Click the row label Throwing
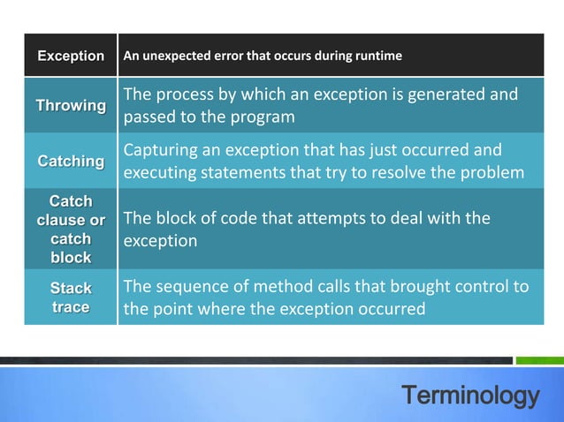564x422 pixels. click(x=71, y=106)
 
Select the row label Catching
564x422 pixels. click(x=71, y=162)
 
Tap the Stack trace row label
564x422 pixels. click(x=71, y=298)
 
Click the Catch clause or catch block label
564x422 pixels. click(x=71, y=230)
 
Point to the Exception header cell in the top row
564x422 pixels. click(x=71, y=57)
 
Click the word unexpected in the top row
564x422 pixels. click(x=176, y=57)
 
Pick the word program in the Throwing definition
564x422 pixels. click(x=267, y=117)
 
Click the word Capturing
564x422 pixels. click(x=162, y=149)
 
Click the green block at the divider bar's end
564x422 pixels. click(x=539, y=360)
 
